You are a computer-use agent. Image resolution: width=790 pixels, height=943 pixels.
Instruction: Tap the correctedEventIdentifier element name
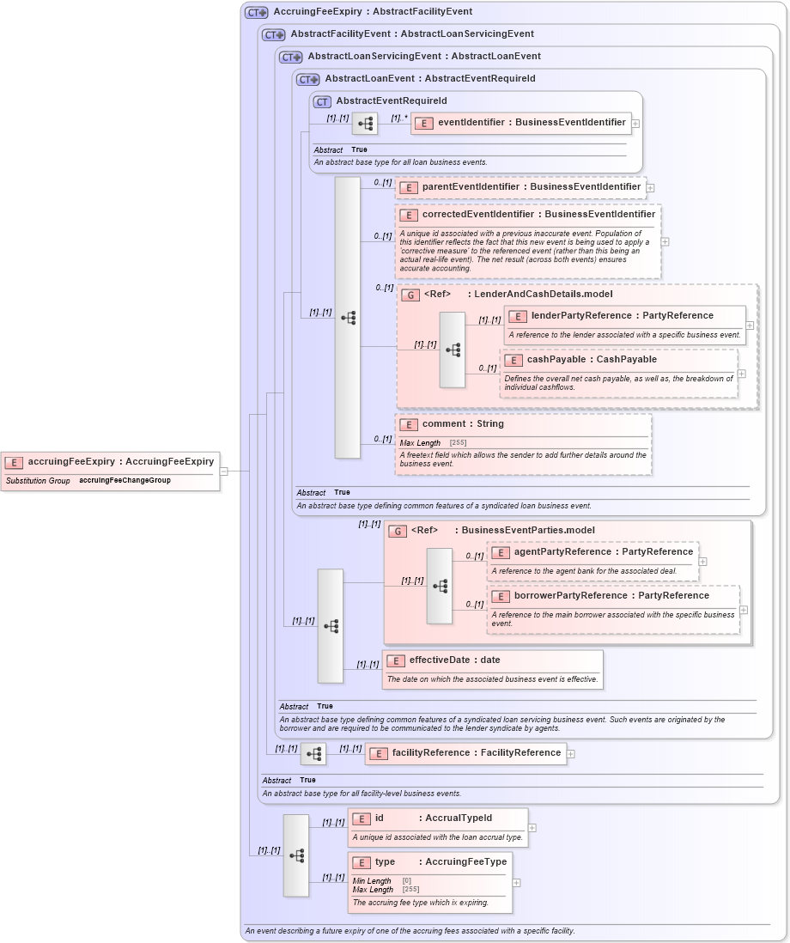528,215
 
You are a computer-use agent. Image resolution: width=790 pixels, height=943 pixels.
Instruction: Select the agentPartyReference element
593,552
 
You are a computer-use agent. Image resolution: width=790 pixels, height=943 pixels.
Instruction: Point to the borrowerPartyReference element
601,596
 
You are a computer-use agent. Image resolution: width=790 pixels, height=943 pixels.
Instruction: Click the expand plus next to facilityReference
571,754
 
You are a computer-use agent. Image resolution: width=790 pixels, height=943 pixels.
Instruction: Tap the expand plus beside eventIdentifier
635,124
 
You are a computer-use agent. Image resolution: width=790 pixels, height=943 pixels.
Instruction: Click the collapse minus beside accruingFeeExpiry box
223,471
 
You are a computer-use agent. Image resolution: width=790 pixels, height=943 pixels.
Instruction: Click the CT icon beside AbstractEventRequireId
322,101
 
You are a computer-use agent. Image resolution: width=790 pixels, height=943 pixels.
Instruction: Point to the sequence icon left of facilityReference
313,754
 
